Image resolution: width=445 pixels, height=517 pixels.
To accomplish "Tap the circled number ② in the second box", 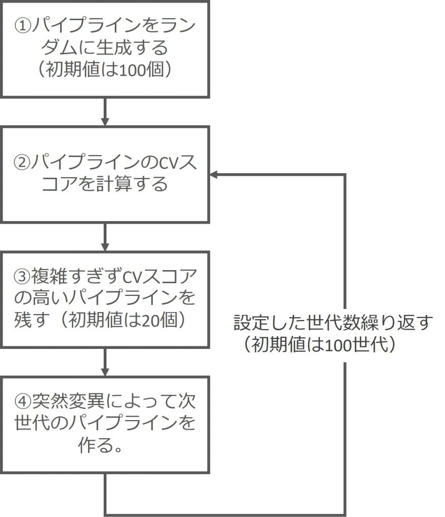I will pos(23,163).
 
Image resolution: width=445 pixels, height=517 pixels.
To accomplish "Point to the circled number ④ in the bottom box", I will pos(23,402).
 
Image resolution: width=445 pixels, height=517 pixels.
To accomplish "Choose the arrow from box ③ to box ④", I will pos(105,361).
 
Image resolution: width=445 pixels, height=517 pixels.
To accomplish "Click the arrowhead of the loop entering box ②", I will pos(214,175).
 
